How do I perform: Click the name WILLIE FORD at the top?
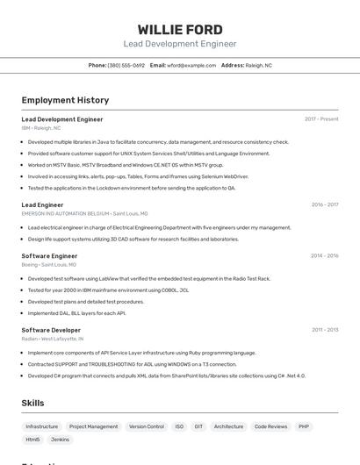180,30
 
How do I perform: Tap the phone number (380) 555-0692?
126,65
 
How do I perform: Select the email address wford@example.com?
191,65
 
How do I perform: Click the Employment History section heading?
65,100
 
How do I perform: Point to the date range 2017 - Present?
321,119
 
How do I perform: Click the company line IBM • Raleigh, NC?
41,128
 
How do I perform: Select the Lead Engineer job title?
42,204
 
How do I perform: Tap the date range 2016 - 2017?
325,204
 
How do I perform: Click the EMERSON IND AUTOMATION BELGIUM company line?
84,213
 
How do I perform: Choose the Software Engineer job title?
49,256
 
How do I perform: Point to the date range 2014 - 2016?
324,256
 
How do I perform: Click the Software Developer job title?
51,330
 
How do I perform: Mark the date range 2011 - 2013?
325,330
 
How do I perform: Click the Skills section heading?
32,403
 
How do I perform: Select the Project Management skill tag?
93,426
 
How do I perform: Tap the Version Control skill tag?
147,426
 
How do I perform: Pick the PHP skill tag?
304,426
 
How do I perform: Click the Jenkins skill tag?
60,440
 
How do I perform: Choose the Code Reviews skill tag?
270,426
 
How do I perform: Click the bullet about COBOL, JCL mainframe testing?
108,290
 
